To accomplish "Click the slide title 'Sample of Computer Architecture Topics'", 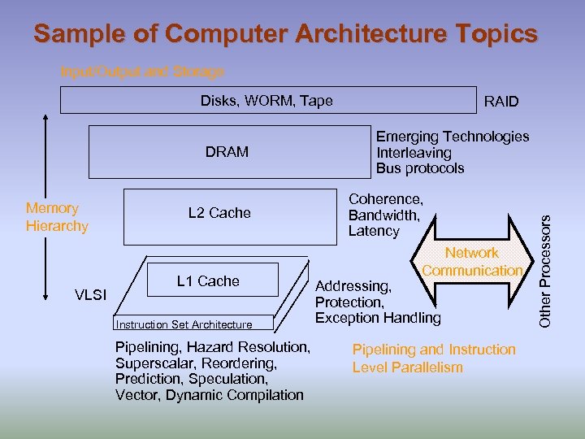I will click(x=285, y=34).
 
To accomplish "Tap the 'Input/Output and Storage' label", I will click(x=142, y=72).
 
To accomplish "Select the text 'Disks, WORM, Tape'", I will click(x=266, y=101).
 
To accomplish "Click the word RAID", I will click(x=500, y=102).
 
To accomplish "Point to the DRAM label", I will click(x=227, y=152).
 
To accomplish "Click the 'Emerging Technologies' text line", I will click(x=452, y=137).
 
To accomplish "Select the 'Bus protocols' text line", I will click(x=419, y=168).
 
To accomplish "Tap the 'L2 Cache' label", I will click(x=219, y=213).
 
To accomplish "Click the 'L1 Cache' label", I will click(x=208, y=281).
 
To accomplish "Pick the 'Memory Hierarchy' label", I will click(x=57, y=217).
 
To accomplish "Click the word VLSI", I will click(x=90, y=294).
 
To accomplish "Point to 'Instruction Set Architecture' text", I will click(x=184, y=324).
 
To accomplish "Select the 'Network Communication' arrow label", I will click(x=471, y=262).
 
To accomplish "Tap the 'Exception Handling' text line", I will click(x=377, y=318).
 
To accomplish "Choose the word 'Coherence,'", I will click(x=385, y=199).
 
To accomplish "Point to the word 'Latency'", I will click(x=374, y=231).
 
